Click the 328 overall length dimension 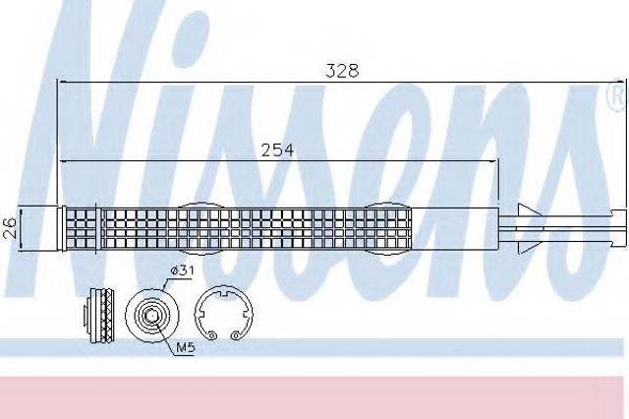pos(342,71)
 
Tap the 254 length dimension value pos(277,150)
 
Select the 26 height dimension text pos(9,227)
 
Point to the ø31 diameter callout pos(182,270)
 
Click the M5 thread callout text pos(186,347)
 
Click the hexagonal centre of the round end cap pos(151,317)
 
